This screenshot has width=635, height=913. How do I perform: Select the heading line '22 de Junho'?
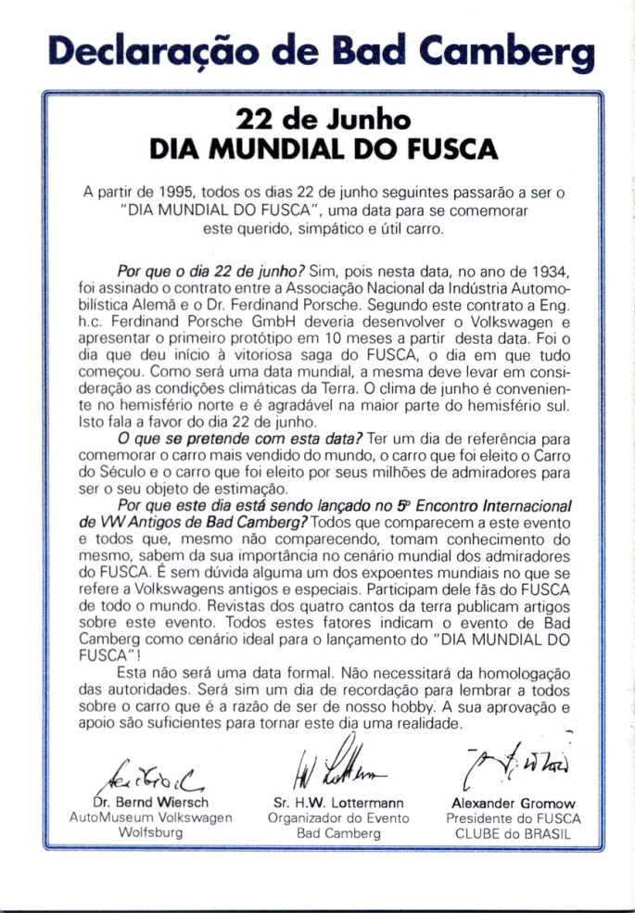(323, 120)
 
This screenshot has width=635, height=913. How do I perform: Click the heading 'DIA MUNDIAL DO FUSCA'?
(324, 150)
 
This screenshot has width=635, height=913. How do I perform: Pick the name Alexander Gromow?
(513, 804)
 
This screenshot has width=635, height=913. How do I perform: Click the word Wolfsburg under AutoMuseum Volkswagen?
(150, 832)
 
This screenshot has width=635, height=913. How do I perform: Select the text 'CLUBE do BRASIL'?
(513, 832)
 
